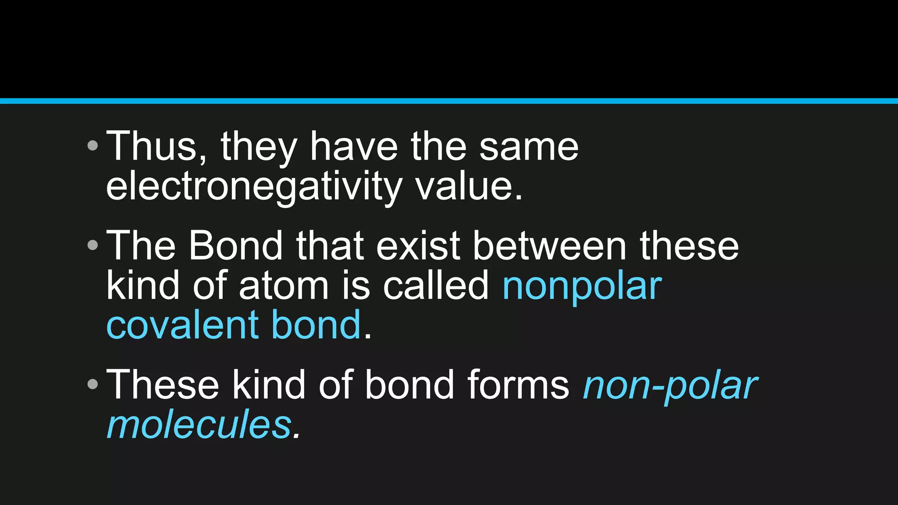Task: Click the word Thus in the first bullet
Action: [152, 146]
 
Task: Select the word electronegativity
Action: [253, 186]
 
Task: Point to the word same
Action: [529, 146]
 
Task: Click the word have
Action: [354, 146]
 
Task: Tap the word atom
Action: [283, 285]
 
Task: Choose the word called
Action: [435, 285]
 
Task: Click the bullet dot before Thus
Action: [93, 146]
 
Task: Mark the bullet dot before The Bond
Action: [93, 245]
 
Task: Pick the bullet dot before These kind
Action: [93, 384]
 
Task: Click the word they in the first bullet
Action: [259, 147]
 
